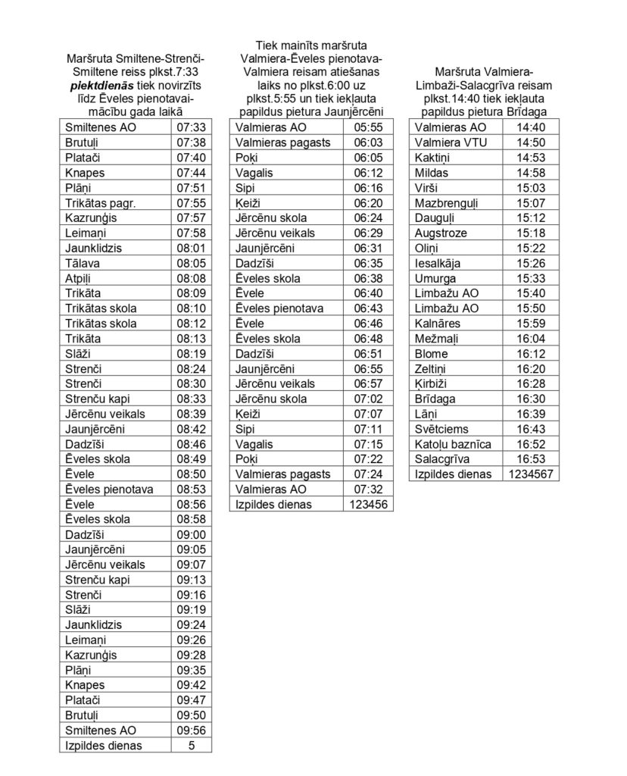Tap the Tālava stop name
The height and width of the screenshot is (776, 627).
point(81,263)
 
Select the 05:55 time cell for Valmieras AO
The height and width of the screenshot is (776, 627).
point(370,128)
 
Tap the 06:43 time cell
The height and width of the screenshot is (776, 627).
point(370,308)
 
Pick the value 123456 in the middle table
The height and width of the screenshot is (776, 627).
point(370,504)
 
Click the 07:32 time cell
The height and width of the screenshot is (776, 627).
point(370,489)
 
